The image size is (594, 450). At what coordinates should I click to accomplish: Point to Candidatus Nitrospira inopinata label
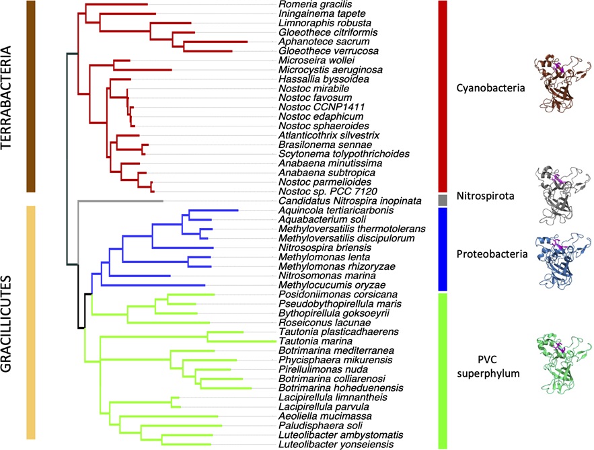pyautogui.click(x=334, y=201)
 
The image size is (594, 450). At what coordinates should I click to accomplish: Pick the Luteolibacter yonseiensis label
pyautogui.click(x=323, y=445)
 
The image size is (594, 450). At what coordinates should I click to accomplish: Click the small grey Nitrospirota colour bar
pyautogui.click(x=443, y=200)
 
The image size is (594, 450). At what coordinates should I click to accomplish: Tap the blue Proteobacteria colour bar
pyautogui.click(x=443, y=249)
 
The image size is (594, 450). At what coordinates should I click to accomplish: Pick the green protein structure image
pyautogui.click(x=562, y=363)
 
